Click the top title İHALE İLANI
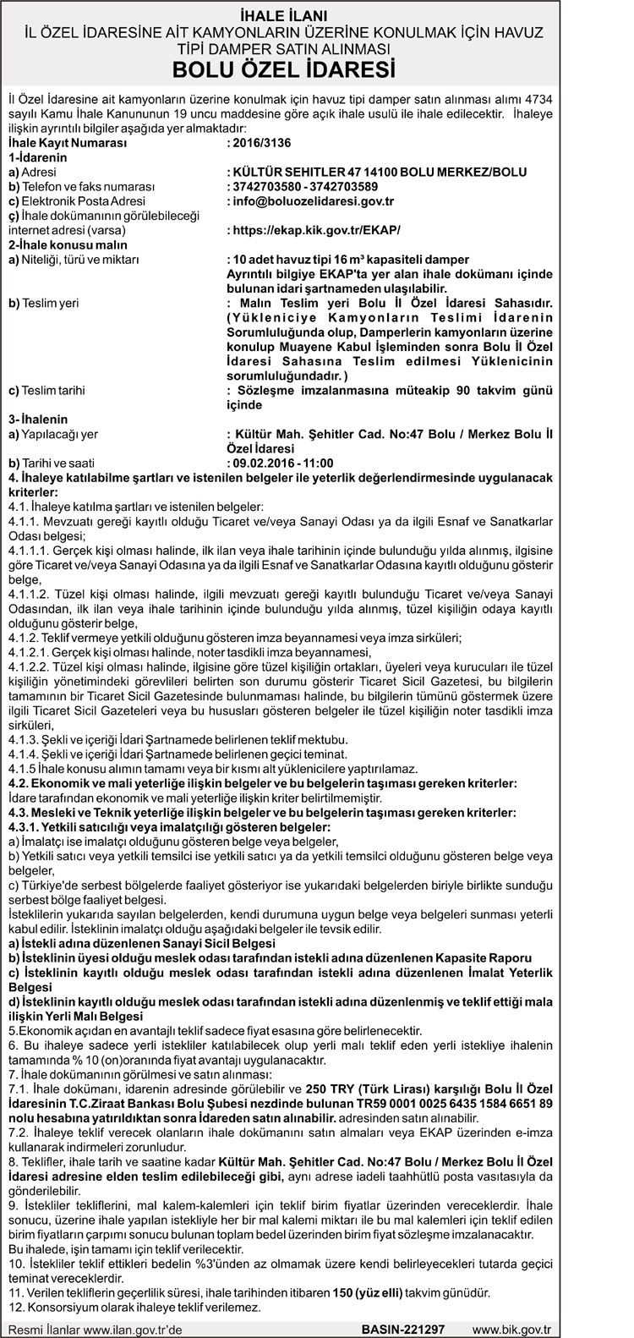pyautogui.click(x=316, y=15)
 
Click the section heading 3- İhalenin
pyautogui.click(x=38, y=419)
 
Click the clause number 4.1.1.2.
pyautogui.click(x=30, y=593)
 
